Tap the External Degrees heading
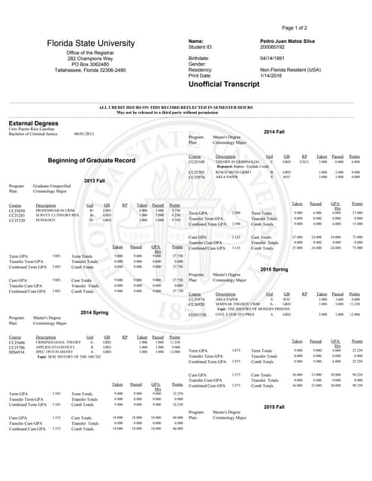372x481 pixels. (x=35, y=124)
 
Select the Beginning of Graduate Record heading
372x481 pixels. (x=91, y=161)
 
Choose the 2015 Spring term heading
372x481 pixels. (x=274, y=268)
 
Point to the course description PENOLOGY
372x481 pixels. (x=46, y=221)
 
